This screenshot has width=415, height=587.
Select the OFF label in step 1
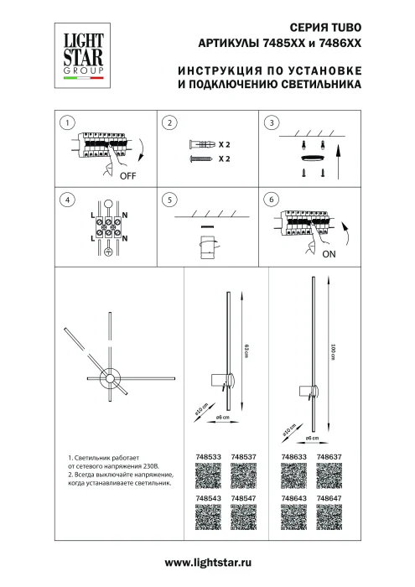pos(127,177)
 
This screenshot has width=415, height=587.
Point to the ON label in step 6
pos(329,252)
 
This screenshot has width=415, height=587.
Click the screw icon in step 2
pos(201,158)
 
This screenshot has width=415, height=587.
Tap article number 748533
pos(207,457)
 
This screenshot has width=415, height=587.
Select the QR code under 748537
pos(243,477)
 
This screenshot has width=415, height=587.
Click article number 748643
pos(294,498)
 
